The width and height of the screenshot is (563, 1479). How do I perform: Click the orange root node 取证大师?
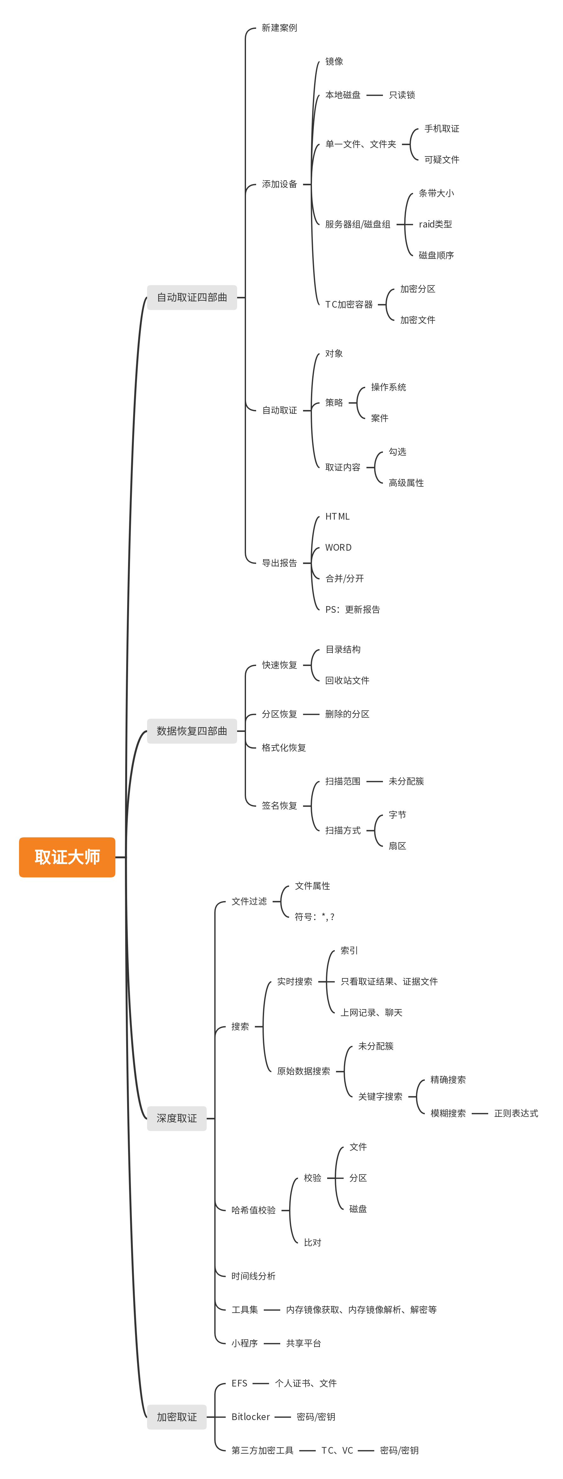pos(67,857)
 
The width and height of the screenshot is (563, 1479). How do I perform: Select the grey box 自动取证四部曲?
pos(192,298)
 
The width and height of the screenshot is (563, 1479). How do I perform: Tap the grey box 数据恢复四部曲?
pos(192,731)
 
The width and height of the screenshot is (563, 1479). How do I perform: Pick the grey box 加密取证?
pos(176,1417)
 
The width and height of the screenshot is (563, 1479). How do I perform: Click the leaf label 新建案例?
pos(279,28)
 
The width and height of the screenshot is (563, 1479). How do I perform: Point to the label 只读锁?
pos(402,95)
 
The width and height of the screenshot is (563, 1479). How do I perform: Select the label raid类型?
pos(435,224)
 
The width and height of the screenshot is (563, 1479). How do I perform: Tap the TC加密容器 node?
pos(349,304)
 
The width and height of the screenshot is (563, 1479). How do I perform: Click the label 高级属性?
pos(406,483)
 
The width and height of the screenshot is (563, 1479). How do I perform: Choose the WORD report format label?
pos(338,547)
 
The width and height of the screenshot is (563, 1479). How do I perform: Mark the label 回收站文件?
pos(347,680)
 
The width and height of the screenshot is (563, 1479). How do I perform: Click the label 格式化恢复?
pos(284,747)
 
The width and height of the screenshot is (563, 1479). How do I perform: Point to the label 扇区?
pos(397,846)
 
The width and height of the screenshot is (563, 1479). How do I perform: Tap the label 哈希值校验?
pos(253,1210)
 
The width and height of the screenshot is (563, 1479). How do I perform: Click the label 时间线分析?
pos(253,1276)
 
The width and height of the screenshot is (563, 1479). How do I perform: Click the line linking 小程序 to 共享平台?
pos(272,1343)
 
